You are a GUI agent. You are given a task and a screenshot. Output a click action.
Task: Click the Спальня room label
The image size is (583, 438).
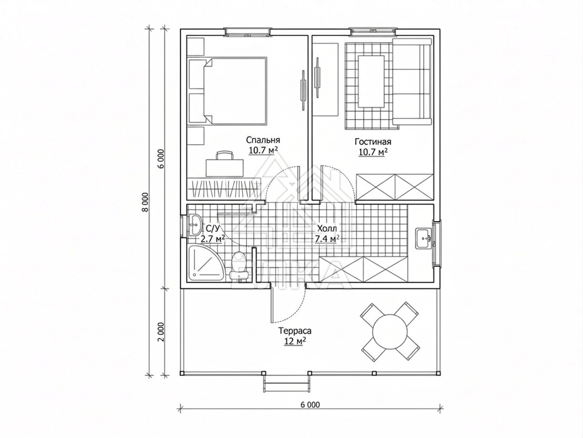click(263, 140)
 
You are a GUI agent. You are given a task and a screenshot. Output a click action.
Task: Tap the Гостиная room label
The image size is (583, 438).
click(373, 142)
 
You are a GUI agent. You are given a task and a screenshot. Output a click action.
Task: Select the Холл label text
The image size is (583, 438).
click(327, 228)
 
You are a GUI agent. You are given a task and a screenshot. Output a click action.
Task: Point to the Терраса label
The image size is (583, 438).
click(294, 331)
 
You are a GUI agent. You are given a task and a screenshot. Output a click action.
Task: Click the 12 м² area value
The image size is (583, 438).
click(294, 341)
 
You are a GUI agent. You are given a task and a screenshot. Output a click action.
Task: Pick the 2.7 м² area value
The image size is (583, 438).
click(212, 238)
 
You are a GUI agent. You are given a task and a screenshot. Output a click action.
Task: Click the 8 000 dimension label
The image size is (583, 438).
click(145, 202)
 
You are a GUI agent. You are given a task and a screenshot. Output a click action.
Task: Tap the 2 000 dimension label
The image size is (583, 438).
click(161, 332)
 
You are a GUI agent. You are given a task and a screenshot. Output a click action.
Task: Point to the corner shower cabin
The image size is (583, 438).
click(205, 263)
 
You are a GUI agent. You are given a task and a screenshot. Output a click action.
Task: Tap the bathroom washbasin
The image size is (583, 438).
click(195, 225)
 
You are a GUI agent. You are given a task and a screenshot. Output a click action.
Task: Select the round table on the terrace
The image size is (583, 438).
click(390, 331)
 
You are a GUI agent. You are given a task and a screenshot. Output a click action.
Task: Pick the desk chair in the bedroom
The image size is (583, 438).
click(224, 155)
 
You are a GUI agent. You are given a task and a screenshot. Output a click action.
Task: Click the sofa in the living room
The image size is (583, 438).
click(412, 82)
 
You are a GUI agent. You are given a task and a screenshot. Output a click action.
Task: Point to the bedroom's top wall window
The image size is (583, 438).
click(248, 32)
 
